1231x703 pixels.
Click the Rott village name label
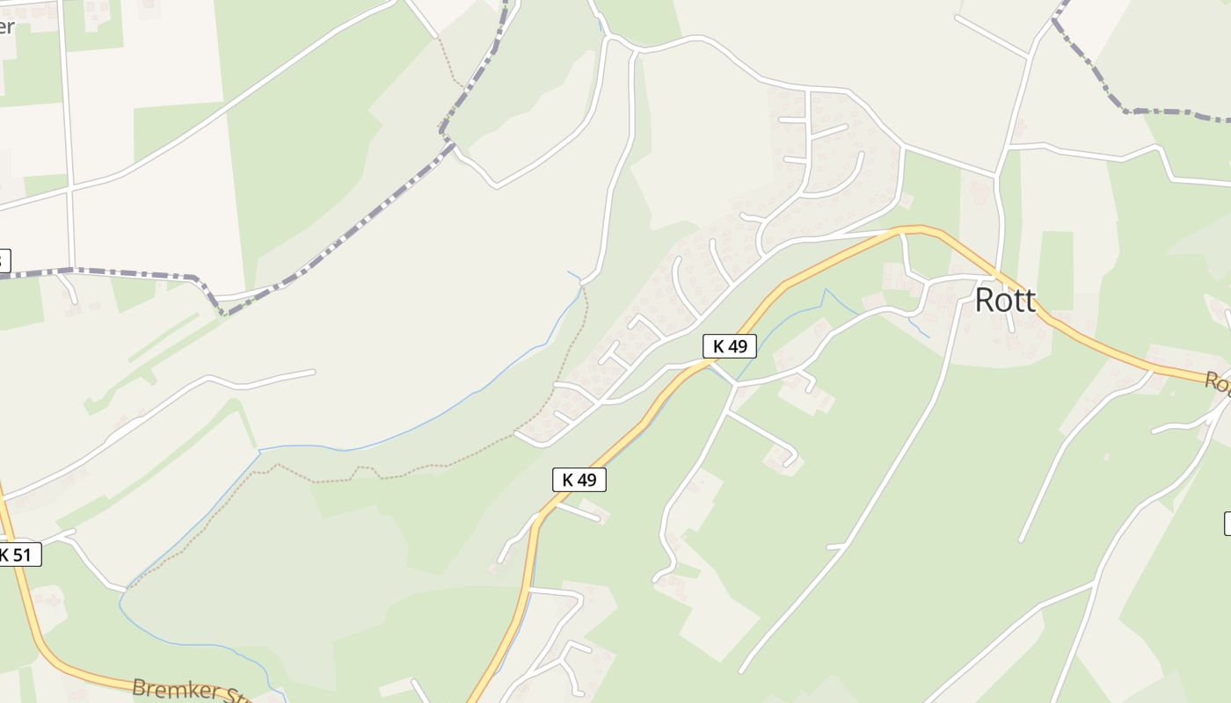pyautogui.click(x=1005, y=301)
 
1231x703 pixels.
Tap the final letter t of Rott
pyautogui.click(x=1030, y=301)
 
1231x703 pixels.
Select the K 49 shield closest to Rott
pyautogui.click(x=730, y=346)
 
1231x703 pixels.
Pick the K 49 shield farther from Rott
pyautogui.click(x=579, y=480)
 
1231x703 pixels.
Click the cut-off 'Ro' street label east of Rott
pyautogui.click(x=1218, y=382)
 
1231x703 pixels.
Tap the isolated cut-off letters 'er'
pyautogui.click(x=6, y=26)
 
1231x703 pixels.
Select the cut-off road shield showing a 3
pyautogui.click(x=4, y=260)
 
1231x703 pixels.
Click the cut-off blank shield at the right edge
pyautogui.click(x=1227, y=523)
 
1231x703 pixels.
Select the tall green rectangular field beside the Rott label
pyautogui.click(x=1055, y=271)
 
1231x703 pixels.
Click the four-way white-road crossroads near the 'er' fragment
pyautogui.click(x=69, y=186)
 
